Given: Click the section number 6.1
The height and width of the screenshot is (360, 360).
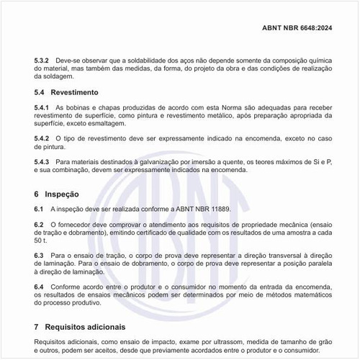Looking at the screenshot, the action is click(x=39, y=209).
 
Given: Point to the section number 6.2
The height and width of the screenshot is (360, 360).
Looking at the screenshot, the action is click(x=39, y=225).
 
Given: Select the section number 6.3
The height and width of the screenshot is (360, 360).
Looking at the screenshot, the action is click(x=39, y=256).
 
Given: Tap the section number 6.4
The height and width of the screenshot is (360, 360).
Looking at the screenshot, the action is click(x=39, y=287).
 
